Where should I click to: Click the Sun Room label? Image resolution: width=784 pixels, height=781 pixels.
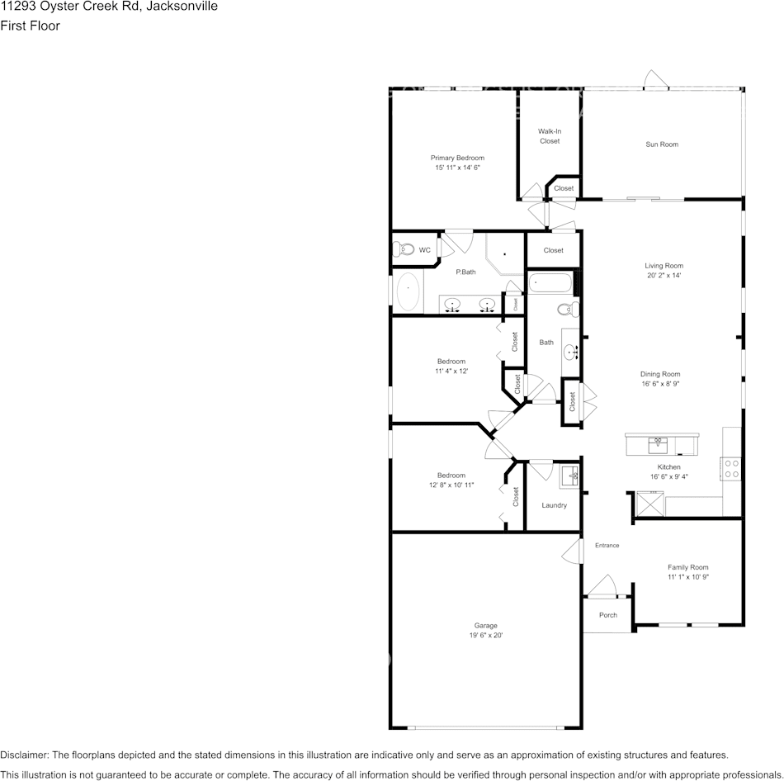tap(662, 144)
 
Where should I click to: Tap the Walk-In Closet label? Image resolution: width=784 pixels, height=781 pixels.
tap(550, 136)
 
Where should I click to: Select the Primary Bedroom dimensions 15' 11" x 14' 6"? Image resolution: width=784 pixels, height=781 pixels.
tap(457, 168)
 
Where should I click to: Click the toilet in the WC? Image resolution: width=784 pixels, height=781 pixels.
tap(404, 249)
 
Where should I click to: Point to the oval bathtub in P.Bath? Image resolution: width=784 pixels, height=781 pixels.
tap(408, 291)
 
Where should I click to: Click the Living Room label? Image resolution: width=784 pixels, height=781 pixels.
tap(664, 266)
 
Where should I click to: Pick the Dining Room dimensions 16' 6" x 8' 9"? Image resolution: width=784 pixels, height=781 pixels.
tap(660, 384)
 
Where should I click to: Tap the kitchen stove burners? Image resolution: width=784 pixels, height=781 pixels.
tap(731, 469)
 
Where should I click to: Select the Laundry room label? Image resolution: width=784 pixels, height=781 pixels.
tap(554, 505)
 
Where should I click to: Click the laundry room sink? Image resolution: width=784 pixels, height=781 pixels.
tap(569, 476)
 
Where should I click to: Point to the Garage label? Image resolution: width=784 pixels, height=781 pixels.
tap(485, 626)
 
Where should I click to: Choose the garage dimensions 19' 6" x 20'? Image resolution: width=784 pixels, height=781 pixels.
tap(485, 636)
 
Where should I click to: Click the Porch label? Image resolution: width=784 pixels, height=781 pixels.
tap(607, 615)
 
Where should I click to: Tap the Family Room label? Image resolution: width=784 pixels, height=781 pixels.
tap(687, 567)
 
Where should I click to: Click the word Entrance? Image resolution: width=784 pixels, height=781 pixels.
tap(607, 545)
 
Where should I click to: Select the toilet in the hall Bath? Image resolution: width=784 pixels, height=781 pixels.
tap(568, 310)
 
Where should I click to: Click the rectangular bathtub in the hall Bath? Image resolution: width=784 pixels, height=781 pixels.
tap(550, 283)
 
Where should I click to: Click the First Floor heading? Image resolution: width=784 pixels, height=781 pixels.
tap(30, 26)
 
